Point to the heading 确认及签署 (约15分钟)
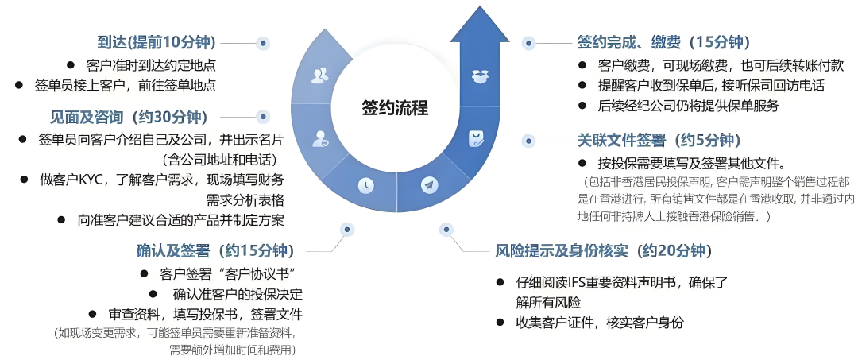coord(215,250)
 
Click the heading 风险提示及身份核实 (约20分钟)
coord(601,251)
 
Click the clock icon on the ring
coord(365,184)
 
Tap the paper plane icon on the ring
coord(429,185)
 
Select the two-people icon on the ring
coord(320,75)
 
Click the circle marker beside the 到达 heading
coord(264,43)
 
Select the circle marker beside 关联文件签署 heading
coord(526,141)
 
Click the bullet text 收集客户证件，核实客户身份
coord(600,323)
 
